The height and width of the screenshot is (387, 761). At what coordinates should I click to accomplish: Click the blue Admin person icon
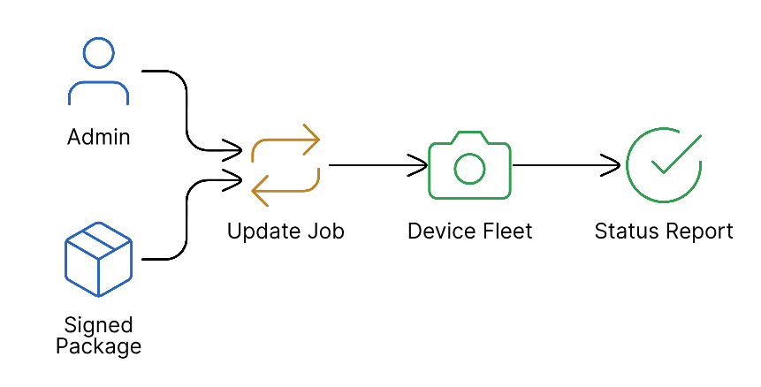pos(98,72)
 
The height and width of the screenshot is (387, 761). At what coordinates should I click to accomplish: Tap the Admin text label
pos(98,137)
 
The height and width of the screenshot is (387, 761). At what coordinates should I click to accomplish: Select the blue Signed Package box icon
pos(98,259)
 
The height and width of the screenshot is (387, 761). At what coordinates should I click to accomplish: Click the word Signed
pos(98,324)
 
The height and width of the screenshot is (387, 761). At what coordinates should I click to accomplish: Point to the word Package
pos(98,345)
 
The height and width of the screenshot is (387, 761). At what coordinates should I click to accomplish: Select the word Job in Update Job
pos(324,231)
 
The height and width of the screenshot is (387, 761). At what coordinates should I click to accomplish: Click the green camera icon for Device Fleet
pos(469,165)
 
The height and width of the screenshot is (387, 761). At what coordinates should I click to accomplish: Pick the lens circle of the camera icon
pos(469,169)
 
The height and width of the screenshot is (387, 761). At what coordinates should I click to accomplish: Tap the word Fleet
pos(507,231)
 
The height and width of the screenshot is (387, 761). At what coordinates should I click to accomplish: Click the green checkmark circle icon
pos(663,165)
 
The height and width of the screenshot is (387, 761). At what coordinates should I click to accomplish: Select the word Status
pos(626,231)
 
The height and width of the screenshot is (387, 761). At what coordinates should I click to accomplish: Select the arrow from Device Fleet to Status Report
pos(566,164)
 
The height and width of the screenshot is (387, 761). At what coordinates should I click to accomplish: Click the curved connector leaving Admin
pos(186,106)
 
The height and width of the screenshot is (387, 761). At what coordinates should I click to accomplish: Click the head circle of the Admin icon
pos(98,52)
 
